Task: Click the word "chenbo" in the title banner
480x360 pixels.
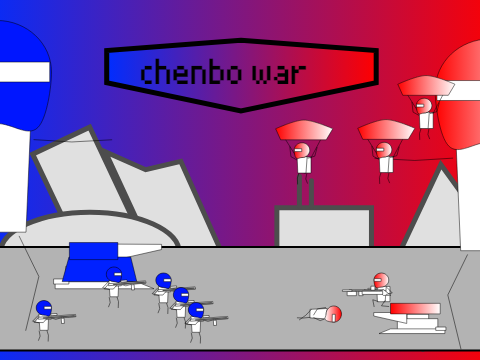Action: tap(191, 71)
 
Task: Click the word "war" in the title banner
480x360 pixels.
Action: tap(279, 73)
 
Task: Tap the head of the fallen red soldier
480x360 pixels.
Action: tap(333, 314)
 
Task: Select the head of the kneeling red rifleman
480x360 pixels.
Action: tap(381, 280)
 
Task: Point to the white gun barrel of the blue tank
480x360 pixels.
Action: tap(140, 250)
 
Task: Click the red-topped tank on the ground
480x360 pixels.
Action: tap(411, 318)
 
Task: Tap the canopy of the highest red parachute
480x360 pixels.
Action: tap(426, 85)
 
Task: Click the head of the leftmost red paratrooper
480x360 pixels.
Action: tap(302, 151)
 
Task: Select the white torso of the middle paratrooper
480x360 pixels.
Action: tap(386, 164)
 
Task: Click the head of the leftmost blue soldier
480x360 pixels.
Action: tap(44, 308)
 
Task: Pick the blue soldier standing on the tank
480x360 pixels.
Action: tap(114, 286)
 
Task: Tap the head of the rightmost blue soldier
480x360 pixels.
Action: tap(196, 310)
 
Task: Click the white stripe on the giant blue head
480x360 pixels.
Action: tap(24, 72)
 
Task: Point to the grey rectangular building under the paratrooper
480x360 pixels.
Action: tap(324, 226)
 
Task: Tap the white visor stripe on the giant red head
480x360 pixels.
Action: tap(462, 88)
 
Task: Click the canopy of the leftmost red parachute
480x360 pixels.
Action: tap(304, 130)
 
